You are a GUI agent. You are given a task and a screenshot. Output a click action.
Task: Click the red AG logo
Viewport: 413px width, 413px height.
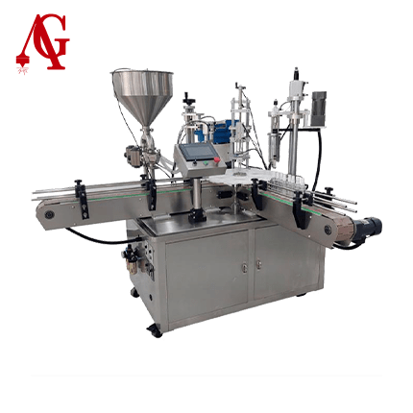(42, 42)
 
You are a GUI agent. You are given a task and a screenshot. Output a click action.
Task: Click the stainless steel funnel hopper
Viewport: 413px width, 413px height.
(142, 97)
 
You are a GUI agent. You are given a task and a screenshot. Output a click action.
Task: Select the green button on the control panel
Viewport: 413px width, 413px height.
(206, 164)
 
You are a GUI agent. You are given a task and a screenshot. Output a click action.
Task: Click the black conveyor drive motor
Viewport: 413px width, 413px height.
(370, 225)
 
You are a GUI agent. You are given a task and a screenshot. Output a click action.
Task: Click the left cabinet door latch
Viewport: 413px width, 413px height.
(244, 266)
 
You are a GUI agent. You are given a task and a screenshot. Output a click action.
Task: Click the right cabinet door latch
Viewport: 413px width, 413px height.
(258, 264)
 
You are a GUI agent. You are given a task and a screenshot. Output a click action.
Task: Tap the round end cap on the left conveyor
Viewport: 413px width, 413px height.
(49, 214)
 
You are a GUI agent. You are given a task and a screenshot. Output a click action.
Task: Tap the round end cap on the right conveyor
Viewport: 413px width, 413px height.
(328, 230)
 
